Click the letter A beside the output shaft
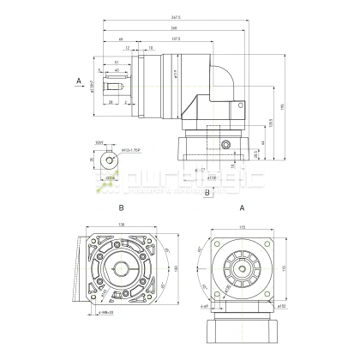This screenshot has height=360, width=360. [79, 82]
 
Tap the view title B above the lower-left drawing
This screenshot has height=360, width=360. [122, 208]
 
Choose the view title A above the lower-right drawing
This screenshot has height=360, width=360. [243, 208]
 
